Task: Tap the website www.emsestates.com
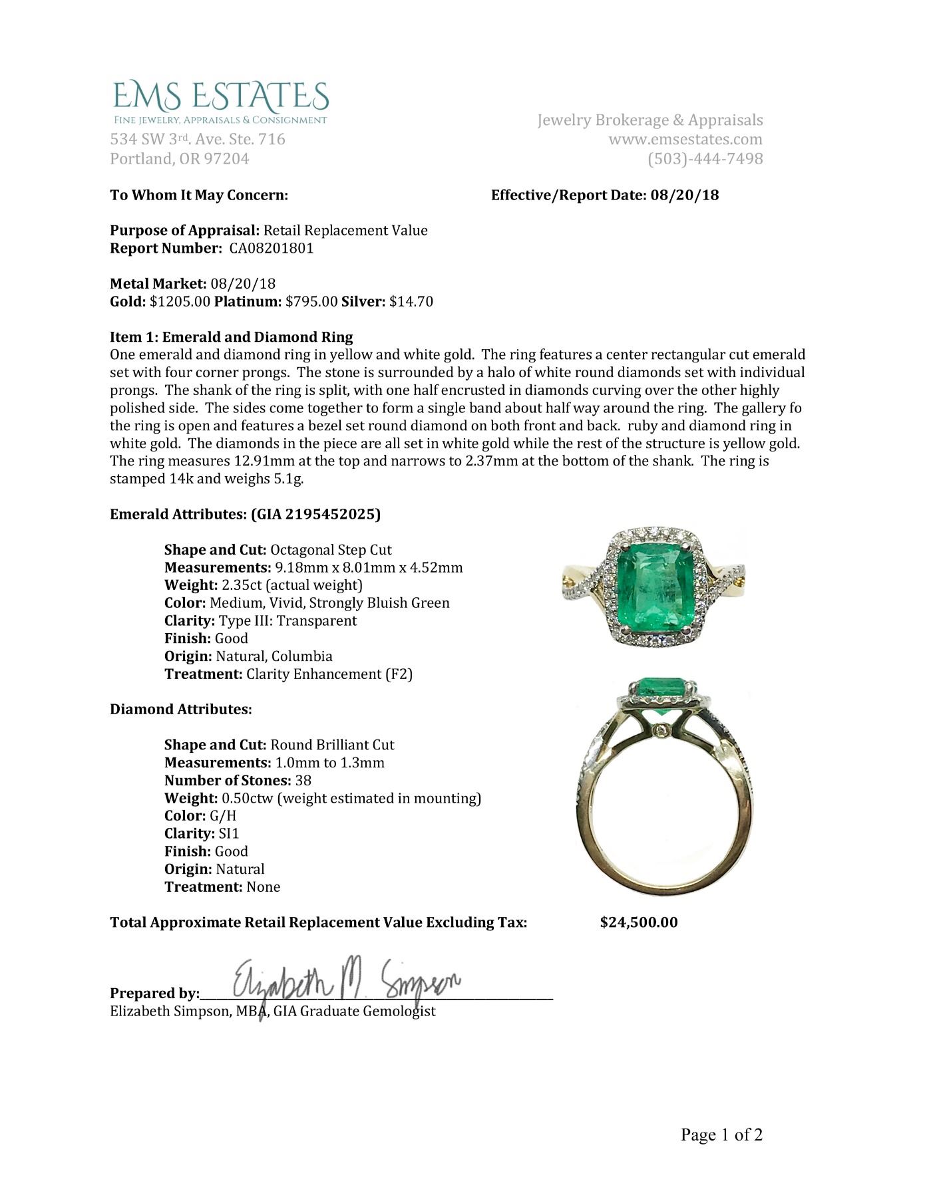pos(685,140)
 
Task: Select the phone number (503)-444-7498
pos(705,159)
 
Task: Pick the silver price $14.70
pos(411,302)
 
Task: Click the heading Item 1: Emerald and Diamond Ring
pos(232,337)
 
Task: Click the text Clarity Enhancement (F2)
pos(329,674)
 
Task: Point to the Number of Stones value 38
pos(303,780)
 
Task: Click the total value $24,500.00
pos(639,922)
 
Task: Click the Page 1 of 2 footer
pos(721,1134)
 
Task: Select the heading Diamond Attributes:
pos(181,710)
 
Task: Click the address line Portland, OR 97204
pos(180,159)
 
